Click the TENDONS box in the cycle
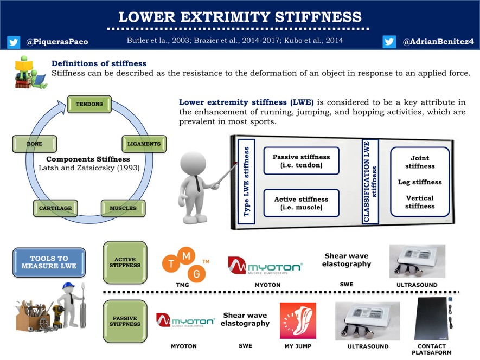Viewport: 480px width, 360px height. pos(89,104)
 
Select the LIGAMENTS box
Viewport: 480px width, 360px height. pos(144,144)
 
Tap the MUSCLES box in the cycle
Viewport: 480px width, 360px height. pos(123,208)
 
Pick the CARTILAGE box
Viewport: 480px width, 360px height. pos(55,208)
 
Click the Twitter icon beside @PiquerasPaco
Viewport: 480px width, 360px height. pos(13,42)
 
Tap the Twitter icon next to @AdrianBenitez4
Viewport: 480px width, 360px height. pos(389,42)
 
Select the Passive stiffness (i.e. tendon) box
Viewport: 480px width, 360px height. pos(301,161)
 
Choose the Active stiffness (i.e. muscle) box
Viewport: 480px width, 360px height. pos(301,203)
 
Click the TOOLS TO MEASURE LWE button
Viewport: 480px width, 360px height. pos(49,262)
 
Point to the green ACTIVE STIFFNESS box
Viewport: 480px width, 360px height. pos(125,262)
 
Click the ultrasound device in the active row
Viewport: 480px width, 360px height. pos(417,261)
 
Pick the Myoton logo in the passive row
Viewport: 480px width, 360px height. pos(183,320)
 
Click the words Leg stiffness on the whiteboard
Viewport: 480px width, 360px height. pos(420,182)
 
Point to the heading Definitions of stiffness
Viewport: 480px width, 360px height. pos(99,63)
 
